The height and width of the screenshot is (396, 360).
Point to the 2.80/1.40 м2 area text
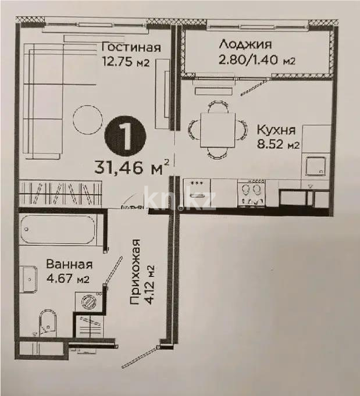[257, 60]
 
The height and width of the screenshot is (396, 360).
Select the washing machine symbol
[90, 301]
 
